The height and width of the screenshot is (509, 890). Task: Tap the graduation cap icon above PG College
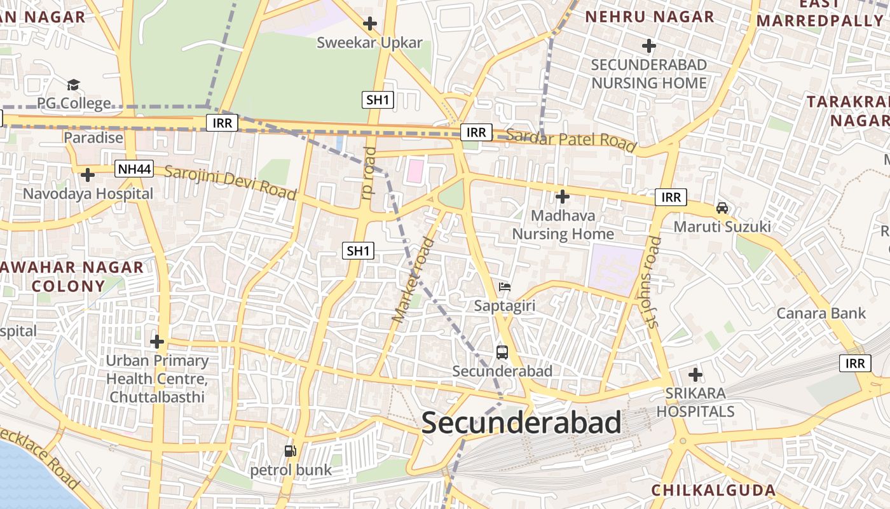click(x=74, y=85)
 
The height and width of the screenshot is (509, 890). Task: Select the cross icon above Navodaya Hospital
click(x=88, y=174)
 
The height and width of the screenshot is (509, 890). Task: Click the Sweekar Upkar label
click(x=369, y=43)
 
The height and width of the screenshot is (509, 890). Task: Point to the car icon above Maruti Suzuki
click(x=722, y=207)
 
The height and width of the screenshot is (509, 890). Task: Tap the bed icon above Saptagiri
click(x=505, y=287)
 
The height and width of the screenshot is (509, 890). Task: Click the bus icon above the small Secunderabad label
click(x=502, y=352)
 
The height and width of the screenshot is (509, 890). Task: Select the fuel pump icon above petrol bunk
click(x=291, y=451)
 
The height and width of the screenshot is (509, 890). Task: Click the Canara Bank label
click(x=821, y=313)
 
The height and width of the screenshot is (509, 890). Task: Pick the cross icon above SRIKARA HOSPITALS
click(x=695, y=375)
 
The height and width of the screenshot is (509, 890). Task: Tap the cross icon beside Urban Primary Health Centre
click(x=157, y=342)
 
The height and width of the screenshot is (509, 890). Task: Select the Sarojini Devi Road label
click(x=230, y=181)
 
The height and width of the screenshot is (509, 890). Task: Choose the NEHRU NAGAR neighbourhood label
click(x=650, y=17)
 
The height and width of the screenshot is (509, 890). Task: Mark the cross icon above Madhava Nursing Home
click(x=563, y=197)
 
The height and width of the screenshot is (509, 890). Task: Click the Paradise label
click(x=93, y=137)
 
